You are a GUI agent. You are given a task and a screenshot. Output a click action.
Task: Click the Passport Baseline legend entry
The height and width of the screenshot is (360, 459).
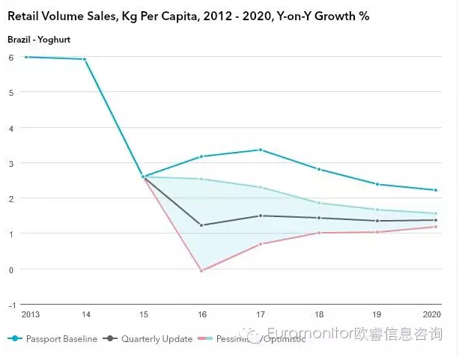tap(61, 339)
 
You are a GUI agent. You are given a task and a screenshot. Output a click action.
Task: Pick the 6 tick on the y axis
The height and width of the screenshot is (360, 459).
tap(11, 57)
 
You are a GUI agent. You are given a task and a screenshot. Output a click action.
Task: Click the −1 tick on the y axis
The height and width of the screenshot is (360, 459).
tap(10, 305)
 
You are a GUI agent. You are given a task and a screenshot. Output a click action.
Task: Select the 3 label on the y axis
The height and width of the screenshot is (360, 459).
tap(11, 163)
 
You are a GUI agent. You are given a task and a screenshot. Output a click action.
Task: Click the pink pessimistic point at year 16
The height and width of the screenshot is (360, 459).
tap(201, 270)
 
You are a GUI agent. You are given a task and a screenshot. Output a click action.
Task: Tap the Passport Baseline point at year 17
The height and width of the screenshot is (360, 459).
tap(261, 150)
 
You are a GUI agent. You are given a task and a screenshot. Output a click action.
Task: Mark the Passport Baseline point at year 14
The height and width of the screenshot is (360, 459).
tap(85, 59)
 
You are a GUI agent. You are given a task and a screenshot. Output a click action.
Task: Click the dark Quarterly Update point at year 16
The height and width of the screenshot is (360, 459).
tap(201, 225)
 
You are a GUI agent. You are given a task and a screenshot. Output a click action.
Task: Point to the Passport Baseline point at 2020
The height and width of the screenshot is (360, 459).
tap(435, 190)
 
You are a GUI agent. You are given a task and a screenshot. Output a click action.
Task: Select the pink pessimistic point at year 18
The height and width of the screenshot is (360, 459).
tap(319, 233)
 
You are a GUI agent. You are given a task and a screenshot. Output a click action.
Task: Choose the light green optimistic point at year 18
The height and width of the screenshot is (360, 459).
tap(319, 203)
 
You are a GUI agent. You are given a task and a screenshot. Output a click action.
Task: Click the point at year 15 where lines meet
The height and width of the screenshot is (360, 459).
tap(143, 177)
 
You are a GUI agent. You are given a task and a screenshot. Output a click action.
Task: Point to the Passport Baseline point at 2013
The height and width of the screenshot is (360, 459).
tap(26, 57)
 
